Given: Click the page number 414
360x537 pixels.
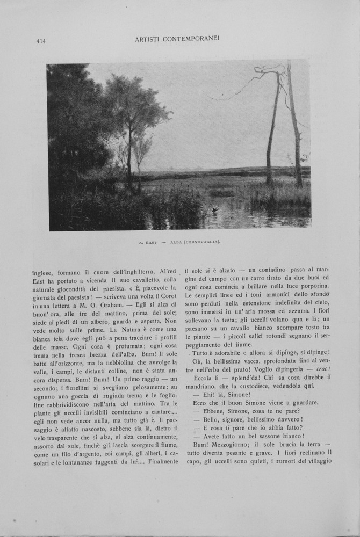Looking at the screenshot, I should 41,41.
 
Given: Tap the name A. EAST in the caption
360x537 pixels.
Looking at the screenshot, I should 148,242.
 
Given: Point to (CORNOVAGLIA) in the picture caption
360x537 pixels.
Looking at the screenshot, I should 203,242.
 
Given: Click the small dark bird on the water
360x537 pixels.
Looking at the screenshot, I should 215,209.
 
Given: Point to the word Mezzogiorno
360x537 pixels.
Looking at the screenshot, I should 234,445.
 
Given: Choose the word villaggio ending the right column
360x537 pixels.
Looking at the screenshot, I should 315,461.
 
